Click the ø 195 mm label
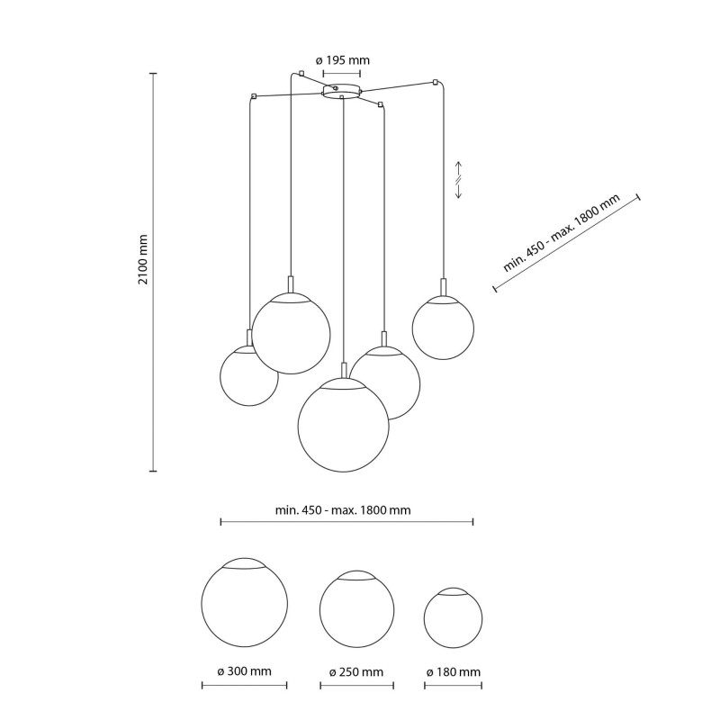(343, 60)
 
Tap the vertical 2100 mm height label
(143, 259)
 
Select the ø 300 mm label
(244, 671)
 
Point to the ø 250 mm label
(356, 672)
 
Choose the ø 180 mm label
(454, 672)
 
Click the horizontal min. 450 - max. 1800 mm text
(343, 510)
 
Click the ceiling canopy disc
(341, 91)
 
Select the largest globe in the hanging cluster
(344, 425)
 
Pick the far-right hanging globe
(443, 328)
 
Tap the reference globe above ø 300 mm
(244, 602)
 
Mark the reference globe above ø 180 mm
(454, 617)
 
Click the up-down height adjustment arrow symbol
(458, 180)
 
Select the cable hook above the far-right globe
(435, 83)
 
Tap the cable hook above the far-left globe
(253, 96)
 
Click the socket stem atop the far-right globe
(443, 287)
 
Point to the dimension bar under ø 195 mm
(342, 73)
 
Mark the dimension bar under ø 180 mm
(454, 686)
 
